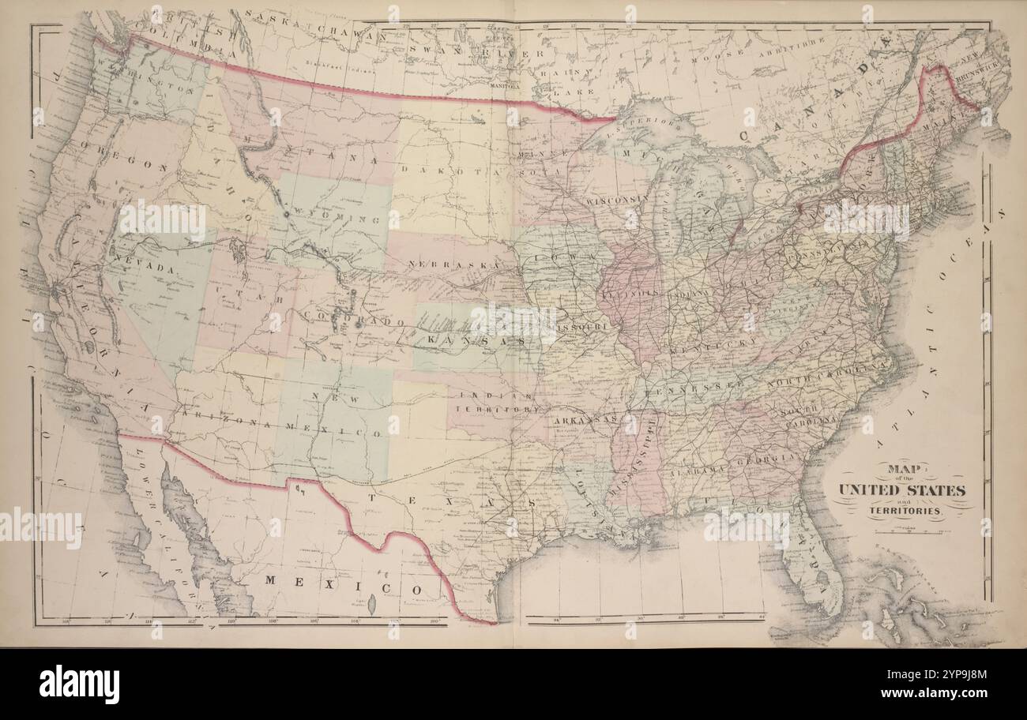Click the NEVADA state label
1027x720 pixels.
click(x=143, y=269)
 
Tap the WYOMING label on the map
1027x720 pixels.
click(x=325, y=212)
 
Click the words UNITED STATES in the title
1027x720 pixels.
click(x=901, y=490)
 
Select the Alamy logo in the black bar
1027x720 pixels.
click(x=79, y=684)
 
